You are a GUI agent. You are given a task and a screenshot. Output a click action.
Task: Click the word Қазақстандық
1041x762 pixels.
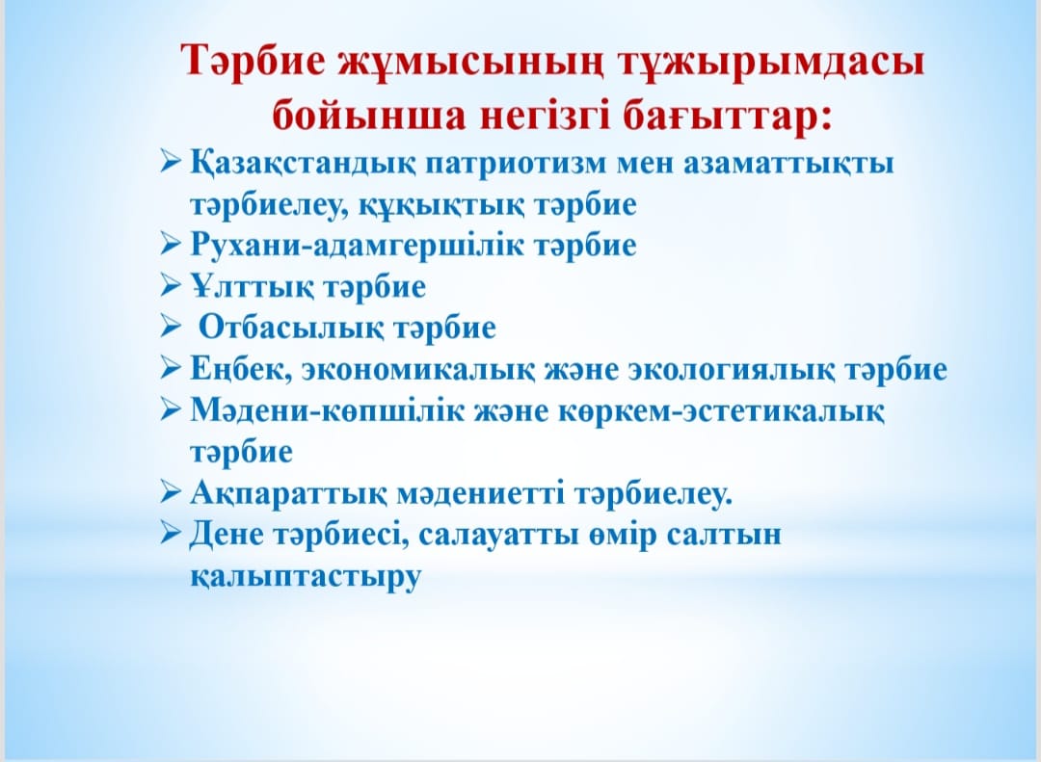[303, 164]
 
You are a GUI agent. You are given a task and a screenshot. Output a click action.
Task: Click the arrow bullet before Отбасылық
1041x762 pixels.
[171, 327]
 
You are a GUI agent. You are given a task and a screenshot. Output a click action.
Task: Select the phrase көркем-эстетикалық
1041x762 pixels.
[720, 411]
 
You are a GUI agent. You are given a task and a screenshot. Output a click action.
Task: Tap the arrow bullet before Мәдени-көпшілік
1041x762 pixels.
[171, 408]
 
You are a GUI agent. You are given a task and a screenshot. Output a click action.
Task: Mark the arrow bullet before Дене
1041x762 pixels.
[171, 533]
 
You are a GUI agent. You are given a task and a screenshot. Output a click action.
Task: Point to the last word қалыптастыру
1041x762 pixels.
[307, 576]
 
